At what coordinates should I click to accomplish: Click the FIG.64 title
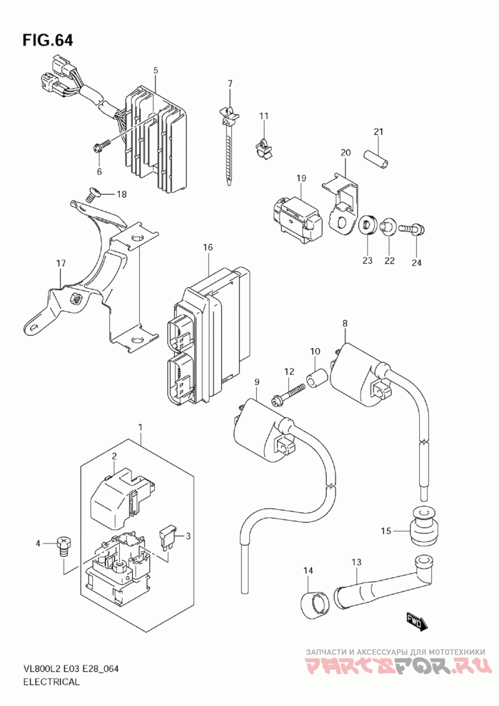47,41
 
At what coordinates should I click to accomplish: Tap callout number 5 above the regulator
156,70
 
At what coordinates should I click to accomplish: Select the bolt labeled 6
100,147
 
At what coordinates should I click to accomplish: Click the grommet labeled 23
366,226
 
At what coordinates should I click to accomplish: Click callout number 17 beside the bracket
61,264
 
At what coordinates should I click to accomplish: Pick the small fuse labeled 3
167,535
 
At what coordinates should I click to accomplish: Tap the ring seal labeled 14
314,603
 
